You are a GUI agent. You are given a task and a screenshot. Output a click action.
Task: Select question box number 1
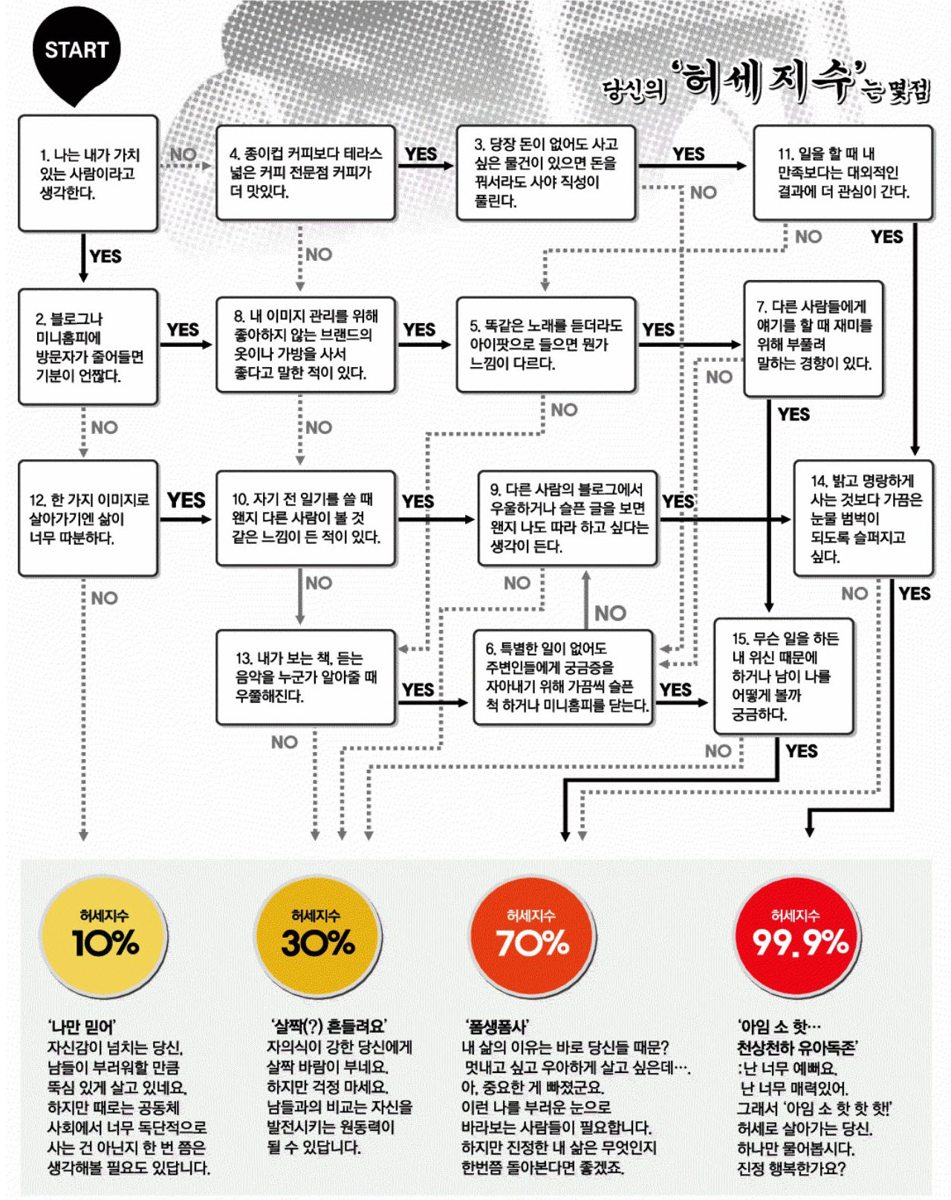pyautogui.click(x=88, y=173)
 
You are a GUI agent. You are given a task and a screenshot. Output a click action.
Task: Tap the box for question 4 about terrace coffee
pyautogui.click(x=305, y=173)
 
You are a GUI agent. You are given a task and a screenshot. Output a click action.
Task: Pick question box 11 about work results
pyautogui.click(x=843, y=173)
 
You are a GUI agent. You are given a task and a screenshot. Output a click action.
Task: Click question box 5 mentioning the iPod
pyautogui.click(x=546, y=345)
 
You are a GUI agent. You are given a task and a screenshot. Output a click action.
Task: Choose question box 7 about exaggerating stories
pyautogui.click(x=814, y=339)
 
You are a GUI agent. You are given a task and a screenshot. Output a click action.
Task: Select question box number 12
pyautogui.click(x=88, y=518)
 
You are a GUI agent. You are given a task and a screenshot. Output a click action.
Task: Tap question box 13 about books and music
pyautogui.click(x=305, y=678)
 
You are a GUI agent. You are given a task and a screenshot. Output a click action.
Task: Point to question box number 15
pyautogui.click(x=784, y=676)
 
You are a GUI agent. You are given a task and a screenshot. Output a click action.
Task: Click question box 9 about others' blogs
pyautogui.click(x=567, y=518)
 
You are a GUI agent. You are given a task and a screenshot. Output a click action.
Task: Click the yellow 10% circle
pyautogui.click(x=104, y=938)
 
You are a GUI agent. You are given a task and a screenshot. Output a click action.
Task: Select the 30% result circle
pyautogui.click(x=317, y=938)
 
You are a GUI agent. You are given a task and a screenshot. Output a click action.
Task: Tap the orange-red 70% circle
pyautogui.click(x=532, y=938)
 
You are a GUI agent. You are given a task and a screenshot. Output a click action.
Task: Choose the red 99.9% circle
pyautogui.click(x=798, y=938)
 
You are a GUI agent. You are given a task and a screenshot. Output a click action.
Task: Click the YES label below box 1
pyautogui.click(x=106, y=256)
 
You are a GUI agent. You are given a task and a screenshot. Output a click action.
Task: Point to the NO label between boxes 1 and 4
pyautogui.click(x=183, y=154)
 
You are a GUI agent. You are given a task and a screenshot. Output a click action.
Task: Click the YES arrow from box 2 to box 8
pyautogui.click(x=186, y=345)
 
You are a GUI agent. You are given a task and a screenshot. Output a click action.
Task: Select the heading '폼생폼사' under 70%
pyautogui.click(x=498, y=1027)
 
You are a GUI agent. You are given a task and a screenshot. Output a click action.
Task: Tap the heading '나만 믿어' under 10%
pyautogui.click(x=82, y=1027)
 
